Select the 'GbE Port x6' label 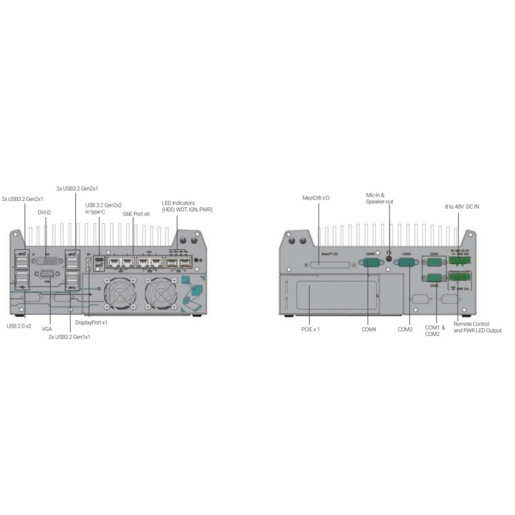pyautogui.click(x=136, y=212)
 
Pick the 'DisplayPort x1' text pyautogui.click(x=91, y=322)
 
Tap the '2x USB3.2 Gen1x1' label pyautogui.click(x=70, y=336)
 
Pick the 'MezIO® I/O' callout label pyautogui.click(x=317, y=198)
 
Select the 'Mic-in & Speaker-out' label pyautogui.click(x=379, y=198)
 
